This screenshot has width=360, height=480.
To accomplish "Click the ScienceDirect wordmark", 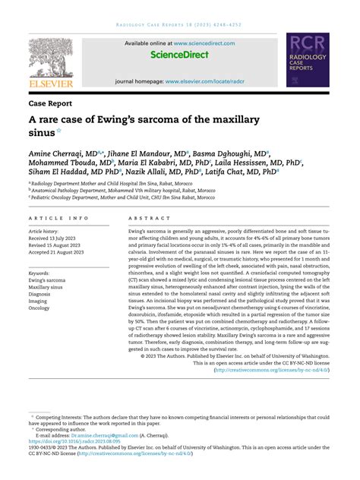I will (180, 55).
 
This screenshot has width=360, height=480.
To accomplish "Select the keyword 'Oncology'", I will (39, 308).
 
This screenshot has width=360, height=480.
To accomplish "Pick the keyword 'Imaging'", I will (39, 301).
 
